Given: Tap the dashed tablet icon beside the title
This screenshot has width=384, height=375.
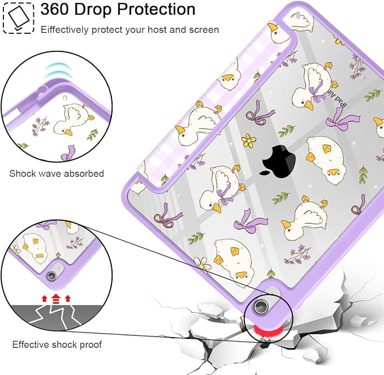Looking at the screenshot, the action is (x=18, y=18).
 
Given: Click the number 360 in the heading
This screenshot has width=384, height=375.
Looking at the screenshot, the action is (x=55, y=9).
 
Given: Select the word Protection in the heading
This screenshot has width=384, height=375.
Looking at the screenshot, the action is (x=156, y=9).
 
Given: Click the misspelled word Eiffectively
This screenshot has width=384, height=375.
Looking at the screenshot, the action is (x=64, y=30).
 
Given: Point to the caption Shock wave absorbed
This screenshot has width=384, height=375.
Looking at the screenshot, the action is (x=57, y=173).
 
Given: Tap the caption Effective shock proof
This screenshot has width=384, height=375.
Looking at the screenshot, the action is (x=57, y=345).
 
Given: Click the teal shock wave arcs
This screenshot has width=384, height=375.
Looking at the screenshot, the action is (x=58, y=70).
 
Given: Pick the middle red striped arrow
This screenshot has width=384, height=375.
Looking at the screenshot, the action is (x=56, y=298).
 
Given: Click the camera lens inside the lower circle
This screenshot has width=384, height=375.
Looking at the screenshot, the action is (x=51, y=276).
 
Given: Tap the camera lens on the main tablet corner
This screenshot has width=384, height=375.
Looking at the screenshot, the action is (x=260, y=306).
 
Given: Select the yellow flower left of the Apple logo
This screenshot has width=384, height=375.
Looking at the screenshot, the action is (x=249, y=141).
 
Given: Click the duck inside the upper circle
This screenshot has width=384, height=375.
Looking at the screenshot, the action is (x=73, y=119).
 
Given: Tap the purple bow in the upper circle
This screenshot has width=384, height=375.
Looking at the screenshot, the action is (x=68, y=153).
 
